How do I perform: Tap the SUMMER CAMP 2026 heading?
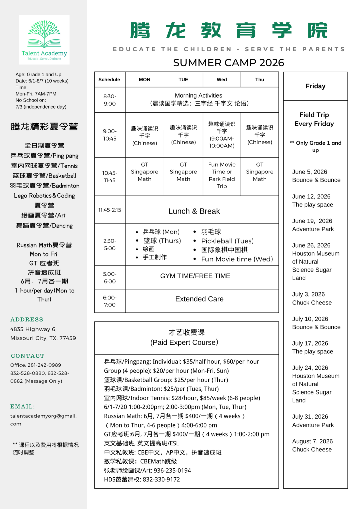coord(229,63)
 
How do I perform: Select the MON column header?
coord(144,80)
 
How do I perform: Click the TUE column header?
coord(183,80)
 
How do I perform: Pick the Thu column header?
coord(260,80)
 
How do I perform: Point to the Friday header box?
coord(315,86)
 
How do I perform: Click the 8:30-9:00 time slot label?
coord(110,100)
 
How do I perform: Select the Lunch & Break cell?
coord(194,211)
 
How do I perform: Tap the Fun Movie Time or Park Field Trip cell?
coord(222,175)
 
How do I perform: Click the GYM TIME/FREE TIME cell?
coord(195,276)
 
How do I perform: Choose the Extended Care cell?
coord(199,299)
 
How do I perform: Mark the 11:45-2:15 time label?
coord(110,210)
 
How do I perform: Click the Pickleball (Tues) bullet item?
coord(227,241)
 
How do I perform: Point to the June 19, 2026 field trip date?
coord(312,221)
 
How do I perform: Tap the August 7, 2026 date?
coord(312,441)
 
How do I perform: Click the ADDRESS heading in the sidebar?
coord(27,319)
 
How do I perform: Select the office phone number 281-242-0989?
coord(44,365)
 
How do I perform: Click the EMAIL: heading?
coord(22,406)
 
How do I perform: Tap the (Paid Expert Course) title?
coord(184,342)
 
